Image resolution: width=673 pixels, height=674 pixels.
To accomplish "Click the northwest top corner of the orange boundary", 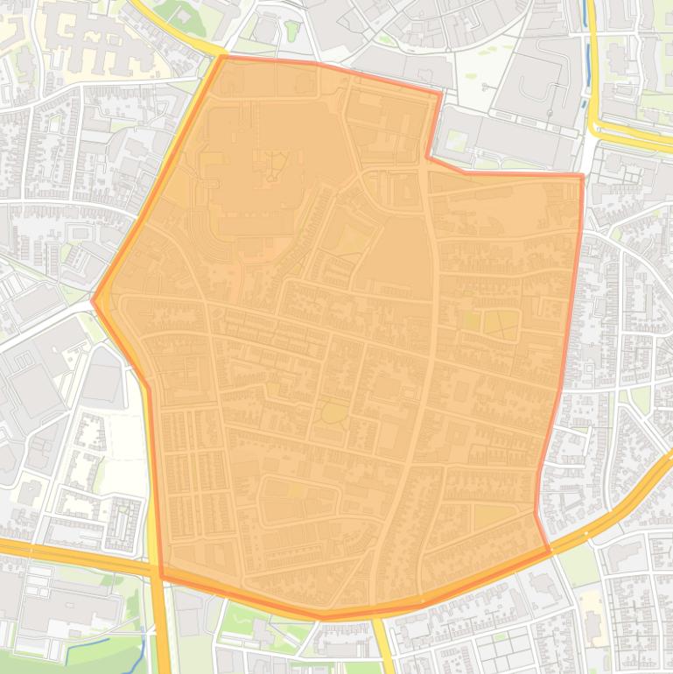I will point(224,58).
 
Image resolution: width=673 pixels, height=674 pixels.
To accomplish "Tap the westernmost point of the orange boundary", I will point(94,300).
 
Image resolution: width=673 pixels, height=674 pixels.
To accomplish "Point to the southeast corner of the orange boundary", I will point(550,551).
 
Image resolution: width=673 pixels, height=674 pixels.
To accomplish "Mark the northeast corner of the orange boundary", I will point(581,176).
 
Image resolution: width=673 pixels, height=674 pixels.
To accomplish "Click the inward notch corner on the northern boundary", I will point(428,158).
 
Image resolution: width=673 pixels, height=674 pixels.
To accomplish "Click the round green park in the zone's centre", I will point(333,411).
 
